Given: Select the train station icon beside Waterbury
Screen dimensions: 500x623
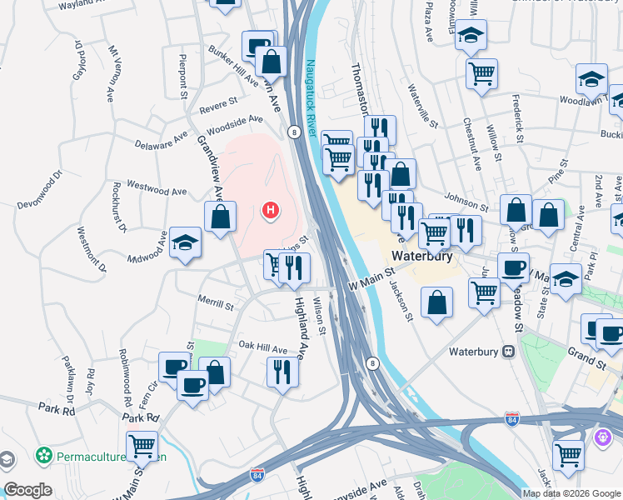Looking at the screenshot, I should tap(508, 352).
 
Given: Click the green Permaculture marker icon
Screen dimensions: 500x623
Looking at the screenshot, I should tap(43, 456).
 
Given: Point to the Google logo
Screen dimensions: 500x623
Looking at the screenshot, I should tap(27, 490).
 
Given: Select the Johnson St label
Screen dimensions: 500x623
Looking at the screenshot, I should tap(466, 202).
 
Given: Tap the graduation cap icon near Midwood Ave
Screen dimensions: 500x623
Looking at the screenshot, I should tap(186, 242).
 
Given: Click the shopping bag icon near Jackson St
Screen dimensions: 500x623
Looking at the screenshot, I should tap(437, 302).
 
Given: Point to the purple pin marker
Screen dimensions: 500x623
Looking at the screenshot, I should tap(604, 435).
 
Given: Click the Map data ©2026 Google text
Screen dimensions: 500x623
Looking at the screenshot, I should tap(571, 492).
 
